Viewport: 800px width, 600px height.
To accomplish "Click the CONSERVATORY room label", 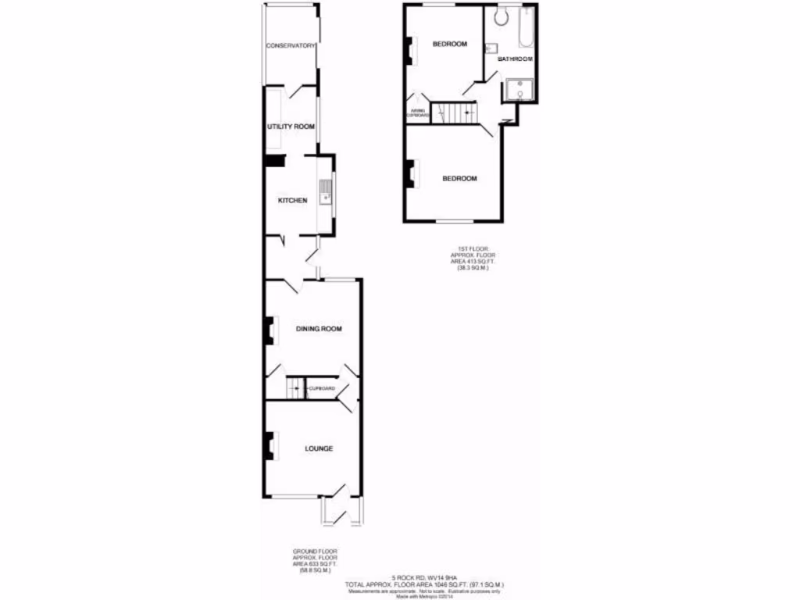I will tap(291, 46).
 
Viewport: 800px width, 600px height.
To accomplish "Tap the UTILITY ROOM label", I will tap(291, 127).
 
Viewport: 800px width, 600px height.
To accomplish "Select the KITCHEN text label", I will tap(292, 201).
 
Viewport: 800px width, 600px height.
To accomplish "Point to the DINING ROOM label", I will tap(319, 329).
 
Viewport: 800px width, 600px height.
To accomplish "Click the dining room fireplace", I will tap(270, 330).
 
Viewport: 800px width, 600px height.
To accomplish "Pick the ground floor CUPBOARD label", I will tap(322, 388).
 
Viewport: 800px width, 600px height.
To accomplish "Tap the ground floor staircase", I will tap(295, 387).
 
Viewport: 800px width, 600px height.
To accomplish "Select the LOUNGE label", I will tap(319, 448).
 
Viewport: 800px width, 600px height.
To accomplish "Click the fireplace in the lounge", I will tap(270, 446).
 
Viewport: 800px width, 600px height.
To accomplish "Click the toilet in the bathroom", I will tap(502, 15).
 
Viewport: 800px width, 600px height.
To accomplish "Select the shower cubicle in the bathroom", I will tap(519, 91).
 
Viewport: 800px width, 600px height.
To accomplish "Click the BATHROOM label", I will tap(516, 59).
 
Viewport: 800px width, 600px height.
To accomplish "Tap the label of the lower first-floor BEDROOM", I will tap(459, 178).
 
